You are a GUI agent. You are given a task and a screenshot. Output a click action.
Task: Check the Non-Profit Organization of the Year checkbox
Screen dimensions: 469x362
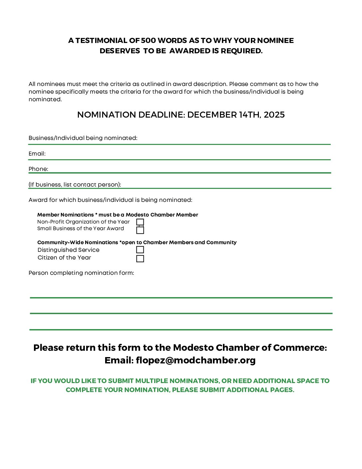(140, 222)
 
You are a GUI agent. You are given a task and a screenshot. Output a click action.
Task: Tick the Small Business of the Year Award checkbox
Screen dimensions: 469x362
(140, 230)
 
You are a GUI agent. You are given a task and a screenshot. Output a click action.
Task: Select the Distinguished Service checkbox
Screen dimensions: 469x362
(140, 250)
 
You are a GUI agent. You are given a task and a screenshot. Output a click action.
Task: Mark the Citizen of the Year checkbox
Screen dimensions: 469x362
(140, 258)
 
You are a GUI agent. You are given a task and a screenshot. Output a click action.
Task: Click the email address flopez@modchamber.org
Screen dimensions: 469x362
(196, 360)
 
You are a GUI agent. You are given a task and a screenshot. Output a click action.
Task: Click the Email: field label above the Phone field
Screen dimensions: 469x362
(37, 154)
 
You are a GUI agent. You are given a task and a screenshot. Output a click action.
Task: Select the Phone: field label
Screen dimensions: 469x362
(38, 169)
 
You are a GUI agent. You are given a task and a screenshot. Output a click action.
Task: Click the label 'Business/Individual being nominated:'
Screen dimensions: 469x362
(83, 138)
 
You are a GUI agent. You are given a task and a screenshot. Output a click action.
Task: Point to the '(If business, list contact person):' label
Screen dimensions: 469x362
(75, 185)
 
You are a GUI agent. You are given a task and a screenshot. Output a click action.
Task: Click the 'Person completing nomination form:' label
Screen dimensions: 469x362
(81, 273)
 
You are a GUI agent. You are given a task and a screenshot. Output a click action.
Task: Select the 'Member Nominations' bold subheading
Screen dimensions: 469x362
(66, 215)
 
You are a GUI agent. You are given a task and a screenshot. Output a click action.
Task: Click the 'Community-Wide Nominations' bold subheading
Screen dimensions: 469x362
(78, 242)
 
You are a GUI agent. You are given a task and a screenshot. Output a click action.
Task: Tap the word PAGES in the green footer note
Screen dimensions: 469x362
(282, 390)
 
